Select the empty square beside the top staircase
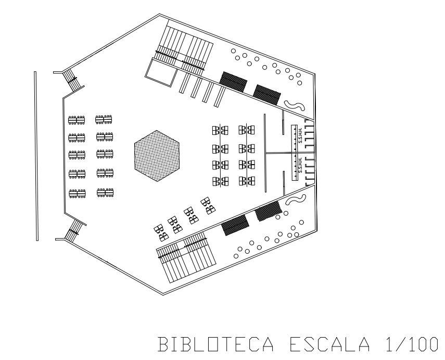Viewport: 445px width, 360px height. [160, 71]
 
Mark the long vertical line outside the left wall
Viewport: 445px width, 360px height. [35, 156]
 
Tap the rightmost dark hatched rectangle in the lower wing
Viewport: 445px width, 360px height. [268, 210]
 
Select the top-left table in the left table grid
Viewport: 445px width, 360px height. [77, 120]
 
